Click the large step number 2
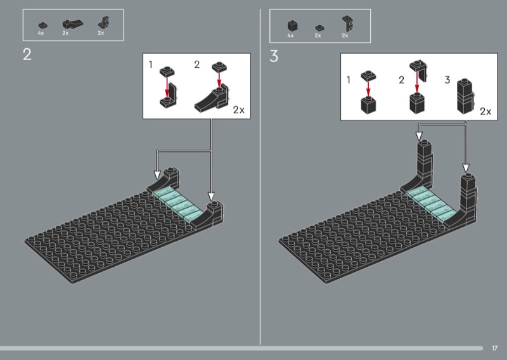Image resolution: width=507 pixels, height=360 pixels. (27, 55)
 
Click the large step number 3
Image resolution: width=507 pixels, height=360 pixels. (274, 56)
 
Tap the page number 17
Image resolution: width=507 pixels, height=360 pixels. (494, 348)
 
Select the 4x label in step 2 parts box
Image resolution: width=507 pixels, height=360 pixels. (41, 33)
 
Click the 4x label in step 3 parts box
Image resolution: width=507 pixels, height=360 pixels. (290, 35)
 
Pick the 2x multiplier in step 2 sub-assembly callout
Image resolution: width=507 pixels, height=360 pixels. (239, 110)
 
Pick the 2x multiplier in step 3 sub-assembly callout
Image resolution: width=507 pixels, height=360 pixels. (485, 112)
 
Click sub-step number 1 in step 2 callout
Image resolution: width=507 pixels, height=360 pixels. (150, 65)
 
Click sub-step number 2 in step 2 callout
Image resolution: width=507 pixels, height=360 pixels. (197, 65)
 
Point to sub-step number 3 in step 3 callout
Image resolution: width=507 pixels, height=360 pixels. (447, 80)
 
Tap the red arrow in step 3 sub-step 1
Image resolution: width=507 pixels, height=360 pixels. (368, 89)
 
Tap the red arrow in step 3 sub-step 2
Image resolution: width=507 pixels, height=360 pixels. (417, 82)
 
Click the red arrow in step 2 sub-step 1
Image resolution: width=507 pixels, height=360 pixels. (167, 87)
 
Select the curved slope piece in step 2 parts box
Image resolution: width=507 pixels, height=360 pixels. (72, 25)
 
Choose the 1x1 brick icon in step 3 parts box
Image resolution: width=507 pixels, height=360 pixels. (292, 26)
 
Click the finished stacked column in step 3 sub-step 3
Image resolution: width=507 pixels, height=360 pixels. (465, 96)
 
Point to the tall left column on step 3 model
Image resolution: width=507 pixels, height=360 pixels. (425, 164)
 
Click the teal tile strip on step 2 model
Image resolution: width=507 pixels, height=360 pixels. (177, 204)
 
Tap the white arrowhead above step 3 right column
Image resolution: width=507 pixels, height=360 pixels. (466, 168)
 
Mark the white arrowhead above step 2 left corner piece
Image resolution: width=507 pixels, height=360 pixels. (157, 175)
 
